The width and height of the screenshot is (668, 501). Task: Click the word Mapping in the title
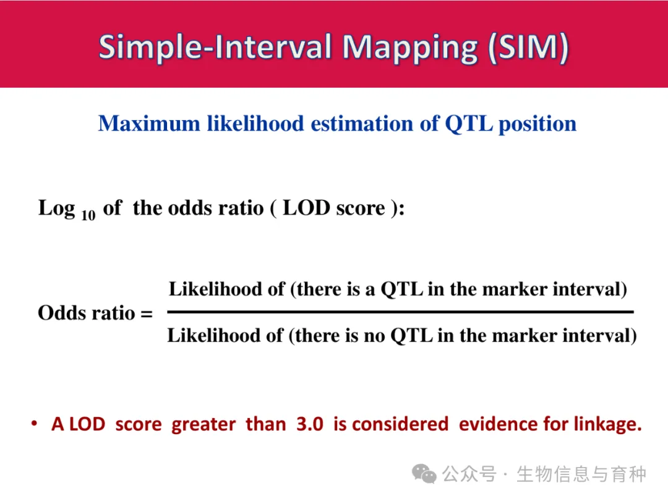(x=410, y=48)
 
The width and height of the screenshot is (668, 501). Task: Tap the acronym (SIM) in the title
(x=528, y=47)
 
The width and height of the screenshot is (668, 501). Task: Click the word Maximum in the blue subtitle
(x=149, y=124)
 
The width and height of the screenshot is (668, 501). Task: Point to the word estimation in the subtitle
(x=362, y=124)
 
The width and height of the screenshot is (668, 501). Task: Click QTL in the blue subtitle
(x=469, y=124)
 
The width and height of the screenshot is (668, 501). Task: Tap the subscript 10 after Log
(x=88, y=216)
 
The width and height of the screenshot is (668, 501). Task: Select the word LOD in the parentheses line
(x=306, y=208)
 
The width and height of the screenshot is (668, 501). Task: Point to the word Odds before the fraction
(x=62, y=313)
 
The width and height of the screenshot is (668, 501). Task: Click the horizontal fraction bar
(x=400, y=312)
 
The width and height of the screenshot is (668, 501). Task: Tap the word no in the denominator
(x=374, y=336)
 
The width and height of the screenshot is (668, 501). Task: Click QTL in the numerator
(x=402, y=289)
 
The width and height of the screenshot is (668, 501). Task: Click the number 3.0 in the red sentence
(x=310, y=424)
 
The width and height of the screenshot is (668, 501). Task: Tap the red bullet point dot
(x=35, y=424)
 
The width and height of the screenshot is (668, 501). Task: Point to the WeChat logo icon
(x=424, y=474)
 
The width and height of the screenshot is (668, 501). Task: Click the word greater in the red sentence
(x=203, y=425)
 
